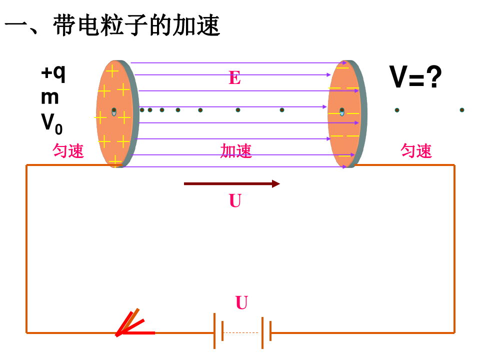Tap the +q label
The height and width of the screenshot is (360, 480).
click(x=53, y=73)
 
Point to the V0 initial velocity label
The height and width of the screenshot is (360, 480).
click(x=51, y=123)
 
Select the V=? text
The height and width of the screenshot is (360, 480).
click(x=415, y=77)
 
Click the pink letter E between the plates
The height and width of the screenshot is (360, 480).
click(x=234, y=78)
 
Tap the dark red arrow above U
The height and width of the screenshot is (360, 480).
click(x=231, y=184)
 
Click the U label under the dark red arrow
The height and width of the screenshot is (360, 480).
click(x=235, y=201)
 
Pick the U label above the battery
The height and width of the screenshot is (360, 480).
click(x=241, y=303)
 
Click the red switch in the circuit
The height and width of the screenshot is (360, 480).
click(x=132, y=325)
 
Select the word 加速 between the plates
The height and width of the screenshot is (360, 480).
click(x=236, y=151)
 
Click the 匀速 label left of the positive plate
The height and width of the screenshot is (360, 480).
click(x=68, y=151)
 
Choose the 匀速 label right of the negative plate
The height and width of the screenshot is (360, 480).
click(x=416, y=150)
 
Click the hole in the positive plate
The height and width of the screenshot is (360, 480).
click(x=114, y=111)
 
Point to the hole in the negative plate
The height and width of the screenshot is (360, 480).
click(x=342, y=111)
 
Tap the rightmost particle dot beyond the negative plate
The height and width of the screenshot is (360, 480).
click(x=462, y=110)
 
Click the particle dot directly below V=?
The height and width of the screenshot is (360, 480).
click(x=396, y=110)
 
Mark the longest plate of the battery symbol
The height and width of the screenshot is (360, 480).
click(x=215, y=331)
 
